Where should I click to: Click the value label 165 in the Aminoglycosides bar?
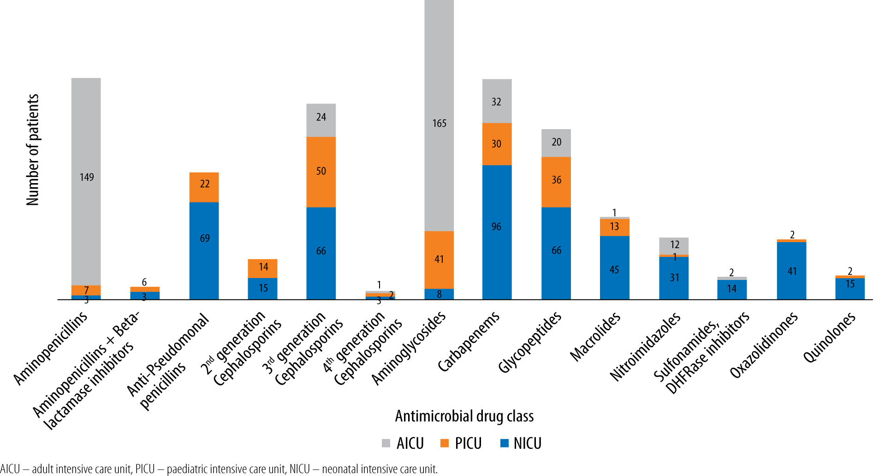coord(439,123)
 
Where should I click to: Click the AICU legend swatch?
coord(386,443)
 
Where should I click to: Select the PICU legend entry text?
coord(468,443)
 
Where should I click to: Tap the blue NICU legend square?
coord(505,443)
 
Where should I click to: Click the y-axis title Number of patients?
coord(33,150)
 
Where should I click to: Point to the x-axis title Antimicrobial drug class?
coord(464,416)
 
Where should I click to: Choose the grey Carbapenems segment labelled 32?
coord(497,101)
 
